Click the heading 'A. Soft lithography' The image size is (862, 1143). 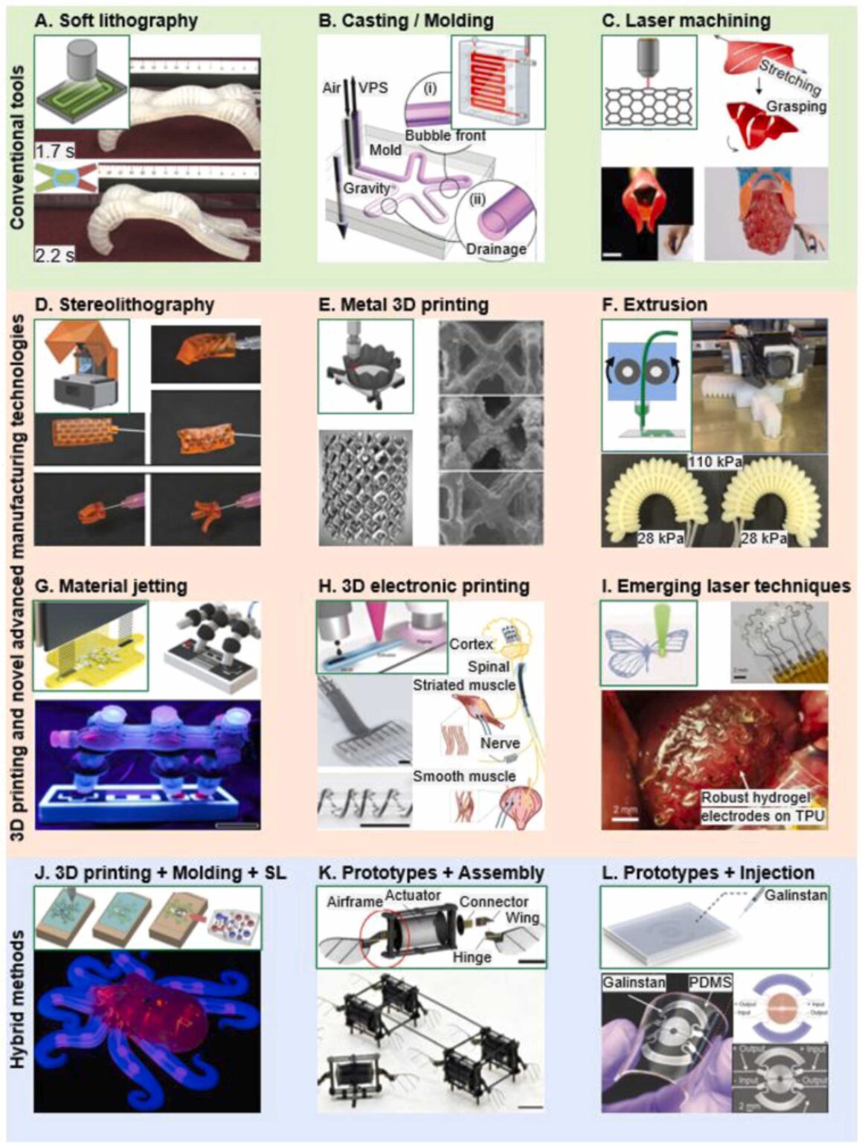click(116, 20)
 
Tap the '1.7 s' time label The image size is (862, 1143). click(55, 152)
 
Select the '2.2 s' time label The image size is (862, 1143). click(55, 255)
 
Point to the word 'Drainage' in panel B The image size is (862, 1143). click(496, 249)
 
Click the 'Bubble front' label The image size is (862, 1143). click(446, 135)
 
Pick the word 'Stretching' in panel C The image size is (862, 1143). click(789, 77)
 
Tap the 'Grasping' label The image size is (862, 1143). click(796, 106)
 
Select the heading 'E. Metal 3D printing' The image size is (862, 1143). click(403, 304)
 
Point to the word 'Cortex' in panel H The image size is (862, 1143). click(471, 644)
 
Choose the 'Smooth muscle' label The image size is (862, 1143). click(464, 776)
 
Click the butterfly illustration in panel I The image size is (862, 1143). click(648, 644)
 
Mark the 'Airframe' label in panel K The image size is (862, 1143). click(353, 903)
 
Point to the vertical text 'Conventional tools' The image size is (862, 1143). click(18, 147)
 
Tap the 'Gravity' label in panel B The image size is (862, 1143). click(366, 188)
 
